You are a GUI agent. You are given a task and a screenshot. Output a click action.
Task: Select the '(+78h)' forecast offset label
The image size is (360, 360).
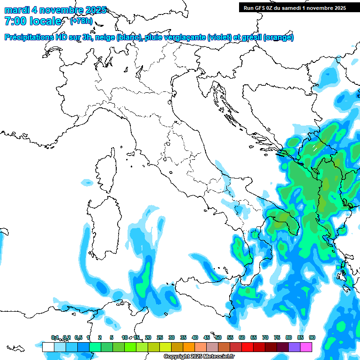(81, 21)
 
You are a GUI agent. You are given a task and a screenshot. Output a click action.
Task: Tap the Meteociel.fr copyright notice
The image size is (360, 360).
(199, 356)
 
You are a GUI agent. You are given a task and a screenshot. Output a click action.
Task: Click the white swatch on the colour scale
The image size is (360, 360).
(48, 347)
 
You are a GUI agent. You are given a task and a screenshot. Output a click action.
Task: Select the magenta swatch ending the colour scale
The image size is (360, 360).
(306, 347)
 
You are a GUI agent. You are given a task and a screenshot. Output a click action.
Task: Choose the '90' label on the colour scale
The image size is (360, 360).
(312, 337)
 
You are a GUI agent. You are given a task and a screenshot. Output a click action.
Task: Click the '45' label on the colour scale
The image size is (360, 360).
(207, 337)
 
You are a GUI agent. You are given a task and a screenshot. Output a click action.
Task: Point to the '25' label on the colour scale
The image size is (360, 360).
(160, 337)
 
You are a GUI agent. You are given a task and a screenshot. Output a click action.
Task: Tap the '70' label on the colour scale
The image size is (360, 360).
(265, 337)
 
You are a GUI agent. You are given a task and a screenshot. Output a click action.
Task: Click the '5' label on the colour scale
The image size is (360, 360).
(112, 337)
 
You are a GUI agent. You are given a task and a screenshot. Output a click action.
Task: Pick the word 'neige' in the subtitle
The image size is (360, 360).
(105, 37)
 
